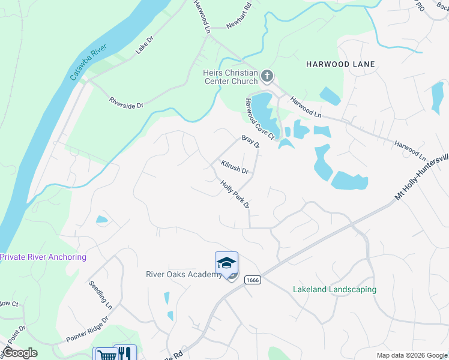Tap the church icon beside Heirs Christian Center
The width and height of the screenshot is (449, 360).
tap(267, 77)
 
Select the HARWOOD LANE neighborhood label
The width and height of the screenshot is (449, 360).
tap(340, 64)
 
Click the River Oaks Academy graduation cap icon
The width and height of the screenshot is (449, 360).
tap(226, 263)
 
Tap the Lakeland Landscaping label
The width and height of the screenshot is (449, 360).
tap(334, 289)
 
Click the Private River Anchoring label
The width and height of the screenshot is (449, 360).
tap(43, 257)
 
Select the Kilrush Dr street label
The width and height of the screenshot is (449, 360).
tap(234, 166)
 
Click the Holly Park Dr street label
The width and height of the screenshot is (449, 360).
tap(234, 195)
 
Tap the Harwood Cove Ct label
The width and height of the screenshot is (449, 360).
tap(259, 119)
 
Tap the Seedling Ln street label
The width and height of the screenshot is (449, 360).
tap(100, 294)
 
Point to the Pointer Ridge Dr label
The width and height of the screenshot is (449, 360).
tap(87, 329)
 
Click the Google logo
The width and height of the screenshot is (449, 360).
tap(20, 353)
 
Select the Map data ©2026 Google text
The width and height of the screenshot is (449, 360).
tap(411, 355)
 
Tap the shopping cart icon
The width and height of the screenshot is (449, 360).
tap(104, 355)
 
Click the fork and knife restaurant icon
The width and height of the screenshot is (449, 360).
tap(125, 353)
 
